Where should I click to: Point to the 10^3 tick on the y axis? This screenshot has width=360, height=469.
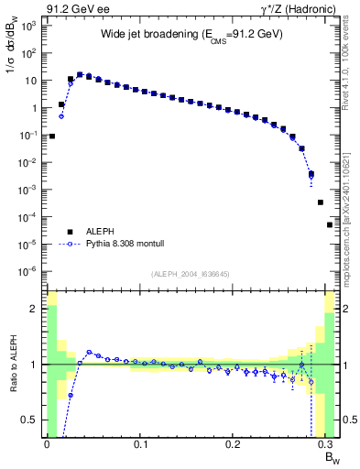coord(30,26)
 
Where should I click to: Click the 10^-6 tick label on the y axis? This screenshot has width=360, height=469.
coord(30,270)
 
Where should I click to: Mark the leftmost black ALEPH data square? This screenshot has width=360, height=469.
coord(52,136)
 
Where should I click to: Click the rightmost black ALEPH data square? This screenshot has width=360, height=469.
coord(330,224)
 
